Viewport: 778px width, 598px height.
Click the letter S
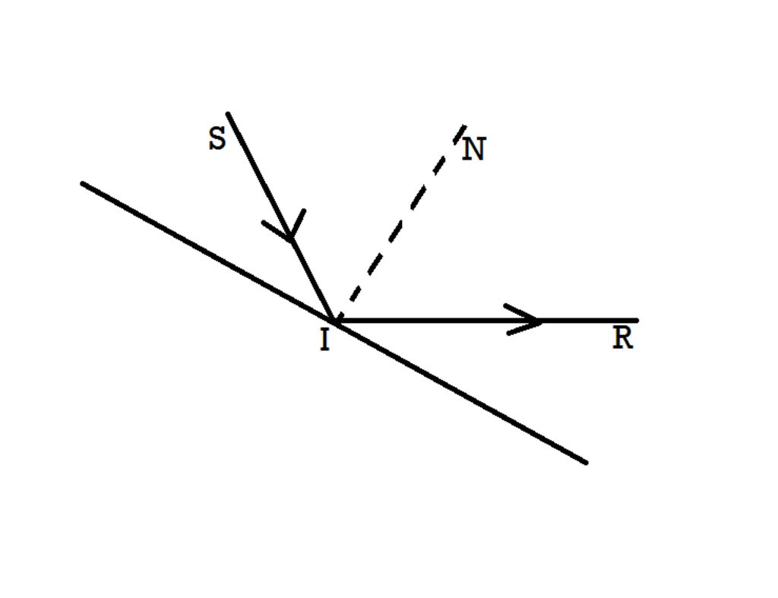217,138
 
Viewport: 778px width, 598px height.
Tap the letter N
474,149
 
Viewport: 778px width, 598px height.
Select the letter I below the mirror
324,340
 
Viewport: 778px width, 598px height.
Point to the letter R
623,338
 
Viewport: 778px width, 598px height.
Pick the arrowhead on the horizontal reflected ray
523,320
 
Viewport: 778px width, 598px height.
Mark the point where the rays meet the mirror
334,321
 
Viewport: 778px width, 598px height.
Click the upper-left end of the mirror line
82,184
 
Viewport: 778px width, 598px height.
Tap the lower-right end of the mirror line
586,463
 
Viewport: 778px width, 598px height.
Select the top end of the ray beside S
228,114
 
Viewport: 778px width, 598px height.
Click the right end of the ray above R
637,321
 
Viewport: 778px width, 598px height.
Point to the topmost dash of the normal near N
460,134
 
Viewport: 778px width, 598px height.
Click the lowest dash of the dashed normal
339,315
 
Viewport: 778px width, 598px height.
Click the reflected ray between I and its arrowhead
437,321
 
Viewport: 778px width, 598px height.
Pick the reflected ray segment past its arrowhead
590,321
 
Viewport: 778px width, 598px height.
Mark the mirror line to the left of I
208,252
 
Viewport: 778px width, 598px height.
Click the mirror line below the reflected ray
460,392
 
